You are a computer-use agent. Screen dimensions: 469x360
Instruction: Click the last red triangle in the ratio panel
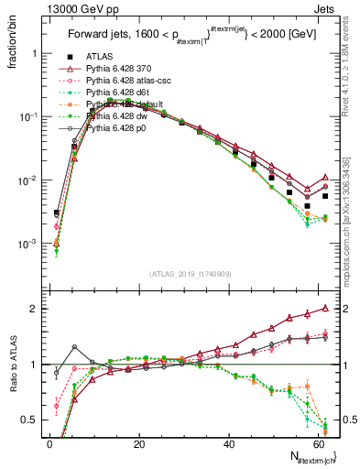pos(325,309)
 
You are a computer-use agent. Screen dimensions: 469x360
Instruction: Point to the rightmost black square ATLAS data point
pos(325,196)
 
